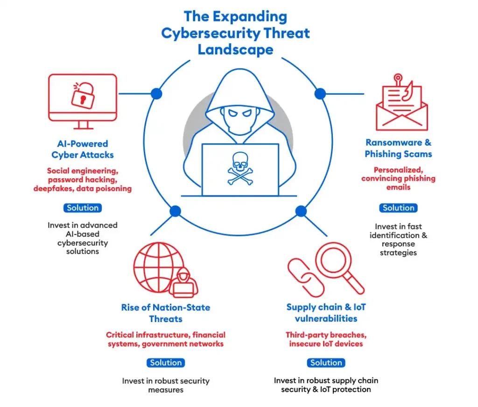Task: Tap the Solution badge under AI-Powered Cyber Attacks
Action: pos(82,208)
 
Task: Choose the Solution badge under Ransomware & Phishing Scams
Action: pos(398,208)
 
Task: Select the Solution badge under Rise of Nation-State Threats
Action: pos(166,363)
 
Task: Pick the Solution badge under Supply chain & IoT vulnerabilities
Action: pos(326,363)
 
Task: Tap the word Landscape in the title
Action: pos(235,49)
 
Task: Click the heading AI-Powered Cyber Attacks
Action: pos(83,149)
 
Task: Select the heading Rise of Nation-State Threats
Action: pos(166,313)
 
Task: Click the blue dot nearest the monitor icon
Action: pos(156,94)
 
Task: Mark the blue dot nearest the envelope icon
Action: pos(320,94)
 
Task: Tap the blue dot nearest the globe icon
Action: pos(175,211)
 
